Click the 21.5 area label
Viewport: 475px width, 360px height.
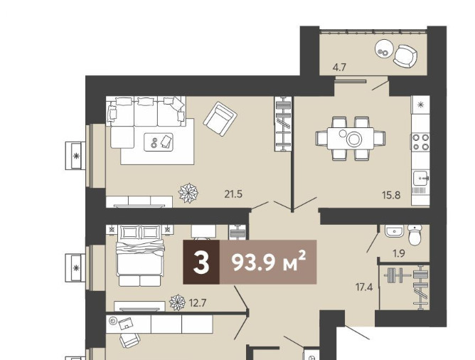(x=233, y=194)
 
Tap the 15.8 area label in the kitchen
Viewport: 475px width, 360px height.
(x=391, y=195)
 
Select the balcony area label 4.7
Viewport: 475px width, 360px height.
(x=339, y=67)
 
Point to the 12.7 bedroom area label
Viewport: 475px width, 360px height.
(x=197, y=302)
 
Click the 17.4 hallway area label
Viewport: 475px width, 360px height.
(x=364, y=287)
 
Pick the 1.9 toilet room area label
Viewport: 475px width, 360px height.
(x=399, y=253)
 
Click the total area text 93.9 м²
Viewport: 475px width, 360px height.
(x=268, y=263)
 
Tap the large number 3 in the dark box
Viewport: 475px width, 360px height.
(x=201, y=263)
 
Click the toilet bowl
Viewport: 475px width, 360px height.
(x=414, y=235)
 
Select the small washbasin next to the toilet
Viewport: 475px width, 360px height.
(x=394, y=231)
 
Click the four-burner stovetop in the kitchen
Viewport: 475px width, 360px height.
(x=421, y=142)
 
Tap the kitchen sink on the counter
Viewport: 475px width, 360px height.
(x=420, y=179)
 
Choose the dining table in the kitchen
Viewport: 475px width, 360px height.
(x=350, y=138)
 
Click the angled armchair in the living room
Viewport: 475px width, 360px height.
(x=220, y=119)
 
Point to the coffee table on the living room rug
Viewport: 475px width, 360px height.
(x=159, y=142)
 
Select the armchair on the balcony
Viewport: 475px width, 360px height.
(x=405, y=56)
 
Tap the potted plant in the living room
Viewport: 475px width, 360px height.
(x=188, y=193)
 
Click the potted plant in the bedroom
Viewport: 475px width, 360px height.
(x=177, y=302)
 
